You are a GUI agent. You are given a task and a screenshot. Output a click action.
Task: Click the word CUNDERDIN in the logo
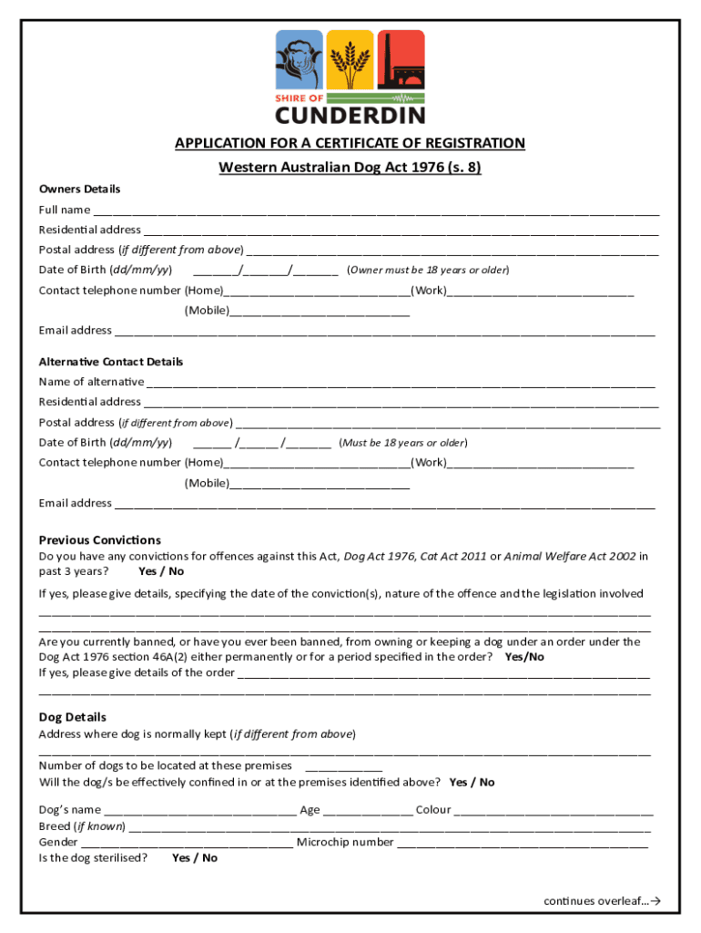[350, 115]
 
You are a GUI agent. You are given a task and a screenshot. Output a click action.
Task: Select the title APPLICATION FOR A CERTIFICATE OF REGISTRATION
[350, 143]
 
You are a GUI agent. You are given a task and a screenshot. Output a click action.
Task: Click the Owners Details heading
[79, 189]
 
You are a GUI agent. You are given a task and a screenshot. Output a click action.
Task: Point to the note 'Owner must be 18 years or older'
[428, 270]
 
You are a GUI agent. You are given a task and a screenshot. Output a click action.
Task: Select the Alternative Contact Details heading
[110, 362]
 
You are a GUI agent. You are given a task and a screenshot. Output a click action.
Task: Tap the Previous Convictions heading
[99, 539]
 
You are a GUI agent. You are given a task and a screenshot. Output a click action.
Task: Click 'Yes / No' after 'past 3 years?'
[161, 571]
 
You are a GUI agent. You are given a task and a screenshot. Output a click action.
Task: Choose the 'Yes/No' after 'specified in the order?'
[524, 657]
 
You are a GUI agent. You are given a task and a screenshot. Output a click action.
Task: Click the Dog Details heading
[72, 717]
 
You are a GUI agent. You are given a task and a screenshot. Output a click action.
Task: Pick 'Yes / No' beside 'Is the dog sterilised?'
[195, 858]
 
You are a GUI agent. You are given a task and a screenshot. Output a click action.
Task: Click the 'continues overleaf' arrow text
[602, 901]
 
